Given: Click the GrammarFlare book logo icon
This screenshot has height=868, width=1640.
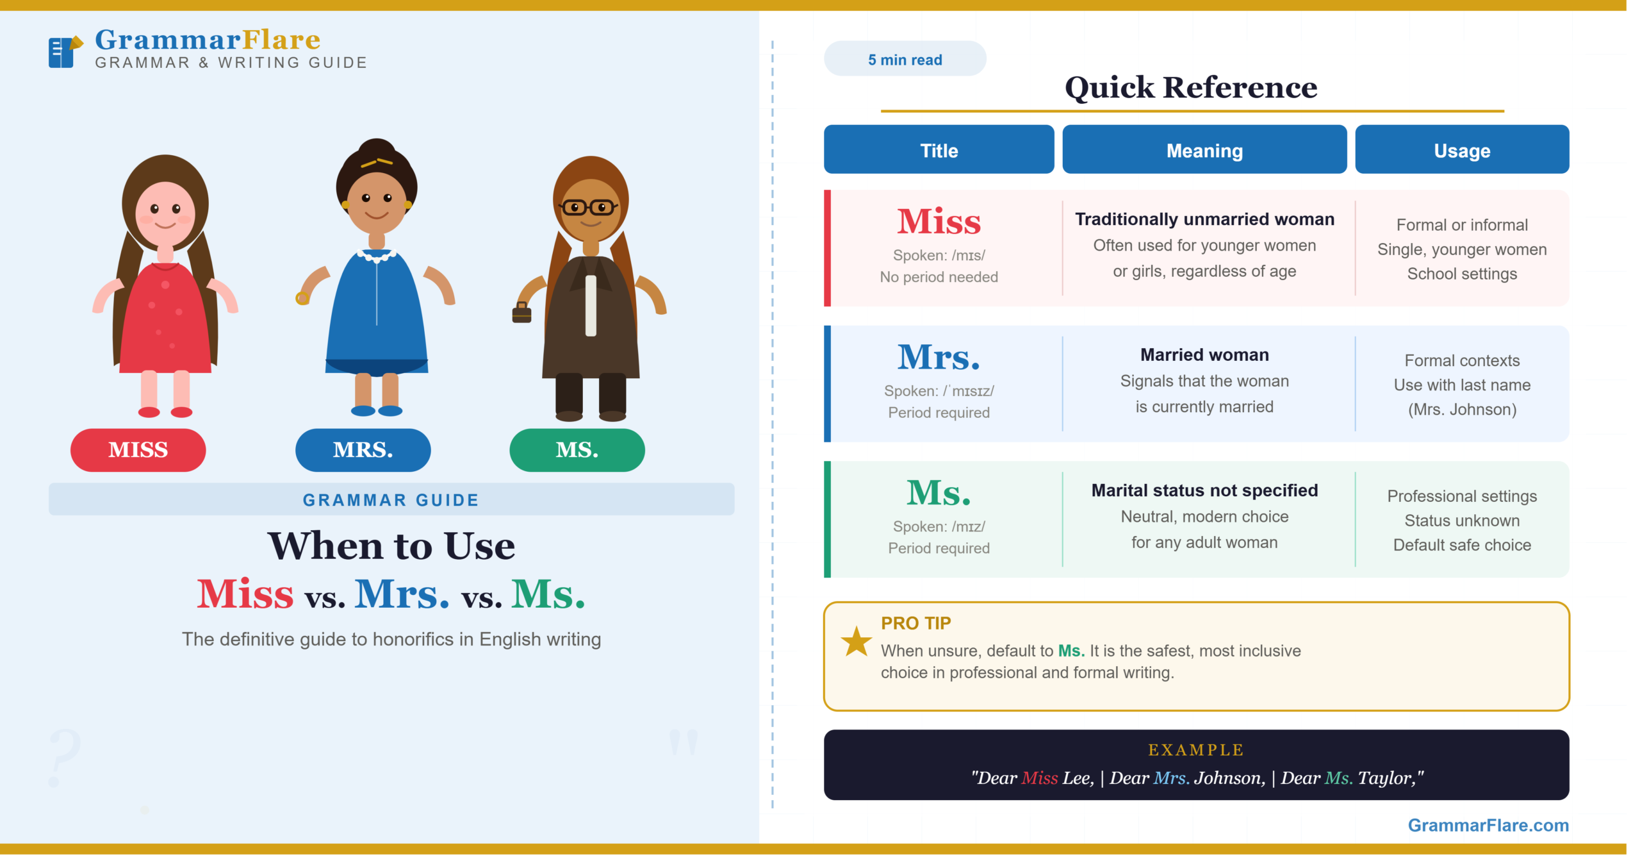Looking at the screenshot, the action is pyautogui.click(x=65, y=51).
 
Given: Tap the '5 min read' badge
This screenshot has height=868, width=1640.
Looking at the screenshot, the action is pyautogui.click(x=905, y=59).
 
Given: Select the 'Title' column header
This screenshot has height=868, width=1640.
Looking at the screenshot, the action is pyautogui.click(x=939, y=150).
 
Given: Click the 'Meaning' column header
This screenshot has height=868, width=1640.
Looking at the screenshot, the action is pyautogui.click(x=1204, y=150).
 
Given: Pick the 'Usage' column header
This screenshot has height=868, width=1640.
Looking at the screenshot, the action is pyautogui.click(x=1462, y=150).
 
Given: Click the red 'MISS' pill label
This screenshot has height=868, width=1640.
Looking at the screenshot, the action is pyautogui.click(x=138, y=450).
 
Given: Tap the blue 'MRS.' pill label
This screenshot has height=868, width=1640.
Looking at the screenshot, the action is pyautogui.click(x=363, y=450).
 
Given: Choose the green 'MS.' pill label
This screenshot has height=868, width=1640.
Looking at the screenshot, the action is pyautogui.click(x=577, y=450).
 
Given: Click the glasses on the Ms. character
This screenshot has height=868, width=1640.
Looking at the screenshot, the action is pyautogui.click(x=588, y=208).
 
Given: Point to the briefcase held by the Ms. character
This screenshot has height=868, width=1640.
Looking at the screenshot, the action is pyautogui.click(x=521, y=313).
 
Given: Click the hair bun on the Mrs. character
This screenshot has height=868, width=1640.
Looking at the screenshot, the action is pyautogui.click(x=377, y=151).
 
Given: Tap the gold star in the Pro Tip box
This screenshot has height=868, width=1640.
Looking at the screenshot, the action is pyautogui.click(x=856, y=642).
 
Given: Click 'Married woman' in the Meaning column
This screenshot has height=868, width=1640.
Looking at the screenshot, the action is pyautogui.click(x=1204, y=355).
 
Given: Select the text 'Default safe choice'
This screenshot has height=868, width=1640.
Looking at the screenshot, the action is pyautogui.click(x=1462, y=545).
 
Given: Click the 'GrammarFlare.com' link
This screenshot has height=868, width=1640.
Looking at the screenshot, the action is pyautogui.click(x=1488, y=825).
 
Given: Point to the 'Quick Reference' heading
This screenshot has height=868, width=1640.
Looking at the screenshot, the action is pyautogui.click(x=1191, y=87).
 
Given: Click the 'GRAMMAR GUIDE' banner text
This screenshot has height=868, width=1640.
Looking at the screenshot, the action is pyautogui.click(x=391, y=500).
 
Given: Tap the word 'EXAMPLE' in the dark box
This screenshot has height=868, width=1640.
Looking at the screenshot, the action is pyautogui.click(x=1196, y=750).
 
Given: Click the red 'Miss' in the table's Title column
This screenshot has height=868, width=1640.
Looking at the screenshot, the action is pyautogui.click(x=939, y=222).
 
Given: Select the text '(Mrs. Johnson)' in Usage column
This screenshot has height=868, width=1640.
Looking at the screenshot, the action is pyautogui.click(x=1462, y=409).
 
